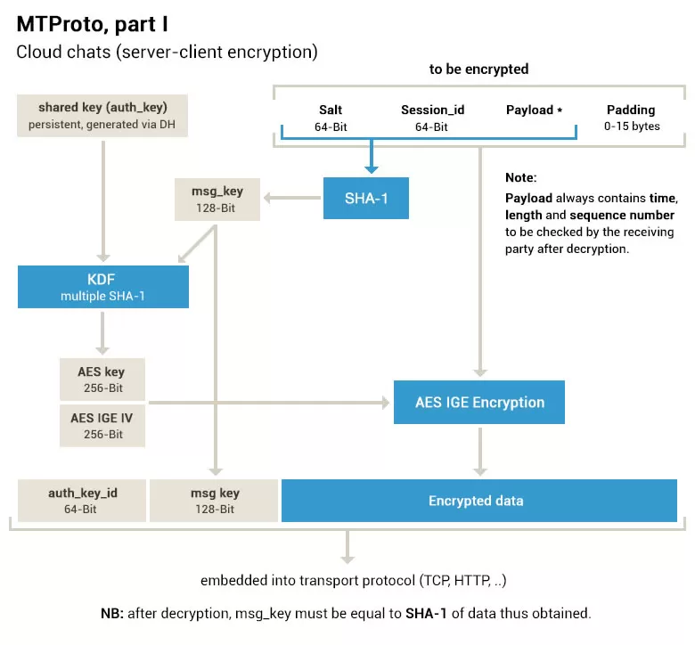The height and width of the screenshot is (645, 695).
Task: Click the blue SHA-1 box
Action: point(366,198)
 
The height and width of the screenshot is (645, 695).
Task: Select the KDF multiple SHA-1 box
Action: point(103,287)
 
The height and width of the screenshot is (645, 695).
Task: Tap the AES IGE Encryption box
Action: point(479,402)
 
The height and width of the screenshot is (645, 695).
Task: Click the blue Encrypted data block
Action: point(479,501)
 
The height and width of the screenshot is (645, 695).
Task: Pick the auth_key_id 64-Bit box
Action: point(82,501)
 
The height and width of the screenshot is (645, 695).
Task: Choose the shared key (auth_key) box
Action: point(102,115)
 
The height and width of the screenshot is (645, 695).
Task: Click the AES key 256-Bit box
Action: point(102,380)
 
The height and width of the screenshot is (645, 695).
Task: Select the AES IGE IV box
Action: point(102,426)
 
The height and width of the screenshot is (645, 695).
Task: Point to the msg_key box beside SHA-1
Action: point(217,200)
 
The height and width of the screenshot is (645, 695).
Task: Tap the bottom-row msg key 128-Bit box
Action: point(214,501)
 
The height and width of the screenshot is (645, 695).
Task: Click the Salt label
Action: point(331,110)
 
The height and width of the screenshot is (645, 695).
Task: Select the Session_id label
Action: point(433,110)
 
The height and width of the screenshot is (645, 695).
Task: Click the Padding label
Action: point(631,110)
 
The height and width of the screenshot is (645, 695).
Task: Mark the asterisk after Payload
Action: point(560,110)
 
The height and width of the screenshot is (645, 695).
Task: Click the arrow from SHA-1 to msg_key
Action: point(292,198)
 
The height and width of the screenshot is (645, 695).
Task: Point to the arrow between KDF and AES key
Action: point(102,333)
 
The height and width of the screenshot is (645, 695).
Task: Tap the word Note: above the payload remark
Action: point(521,178)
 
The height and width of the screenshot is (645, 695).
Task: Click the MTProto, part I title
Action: point(92,24)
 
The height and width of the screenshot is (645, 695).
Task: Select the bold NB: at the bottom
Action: point(112,613)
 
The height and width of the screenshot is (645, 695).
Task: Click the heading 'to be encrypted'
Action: point(478,69)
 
